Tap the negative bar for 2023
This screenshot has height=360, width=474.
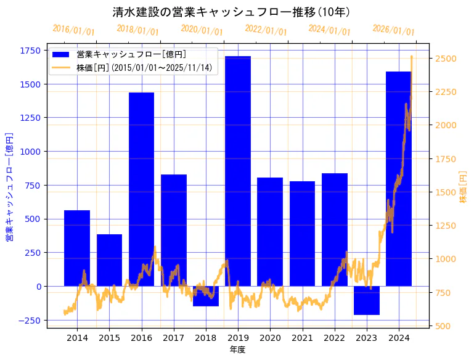(x=366, y=300)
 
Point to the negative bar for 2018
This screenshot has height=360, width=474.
(x=206, y=296)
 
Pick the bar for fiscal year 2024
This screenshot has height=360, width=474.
(x=398, y=179)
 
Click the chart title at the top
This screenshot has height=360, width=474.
(x=232, y=12)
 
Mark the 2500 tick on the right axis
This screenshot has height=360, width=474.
(x=446, y=59)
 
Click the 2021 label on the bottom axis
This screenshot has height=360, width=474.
(x=302, y=338)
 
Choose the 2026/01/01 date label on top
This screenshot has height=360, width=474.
(x=393, y=30)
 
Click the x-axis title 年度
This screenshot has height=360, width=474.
(x=237, y=350)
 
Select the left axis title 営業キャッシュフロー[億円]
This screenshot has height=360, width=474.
(x=9, y=186)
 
